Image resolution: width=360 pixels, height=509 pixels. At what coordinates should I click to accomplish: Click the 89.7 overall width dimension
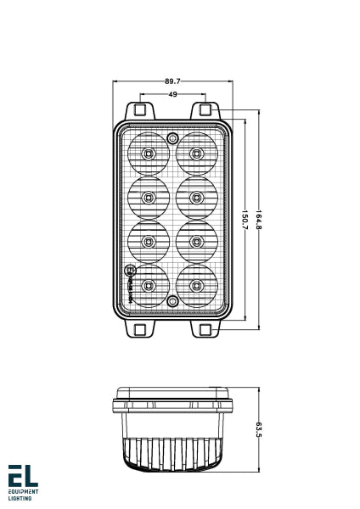[172, 81]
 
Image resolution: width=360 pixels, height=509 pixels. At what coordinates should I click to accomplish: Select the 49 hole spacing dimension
[172, 94]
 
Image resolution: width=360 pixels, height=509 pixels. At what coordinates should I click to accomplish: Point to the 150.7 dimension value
[245, 222]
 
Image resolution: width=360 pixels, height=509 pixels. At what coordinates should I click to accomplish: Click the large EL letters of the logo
[23, 475]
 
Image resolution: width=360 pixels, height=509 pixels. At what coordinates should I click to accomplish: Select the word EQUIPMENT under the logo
[23, 491]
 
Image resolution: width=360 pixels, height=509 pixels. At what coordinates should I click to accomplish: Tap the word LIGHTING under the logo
[20, 498]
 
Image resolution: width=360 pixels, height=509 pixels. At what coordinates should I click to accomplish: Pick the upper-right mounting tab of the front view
[205, 110]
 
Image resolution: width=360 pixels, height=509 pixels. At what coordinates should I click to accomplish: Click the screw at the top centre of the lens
[172, 137]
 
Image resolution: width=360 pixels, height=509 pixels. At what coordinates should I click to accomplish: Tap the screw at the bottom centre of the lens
[172, 301]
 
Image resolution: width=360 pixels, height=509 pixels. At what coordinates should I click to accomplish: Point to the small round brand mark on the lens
[130, 271]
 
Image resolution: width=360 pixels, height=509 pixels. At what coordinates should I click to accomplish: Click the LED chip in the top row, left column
[149, 154]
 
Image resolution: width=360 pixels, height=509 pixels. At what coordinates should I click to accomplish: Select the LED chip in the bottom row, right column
[196, 285]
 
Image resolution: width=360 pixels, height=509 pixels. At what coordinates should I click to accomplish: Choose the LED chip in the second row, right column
[196, 198]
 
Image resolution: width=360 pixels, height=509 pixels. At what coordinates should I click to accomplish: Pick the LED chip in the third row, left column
[149, 242]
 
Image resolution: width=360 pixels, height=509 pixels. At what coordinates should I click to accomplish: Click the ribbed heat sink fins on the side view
[172, 450]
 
